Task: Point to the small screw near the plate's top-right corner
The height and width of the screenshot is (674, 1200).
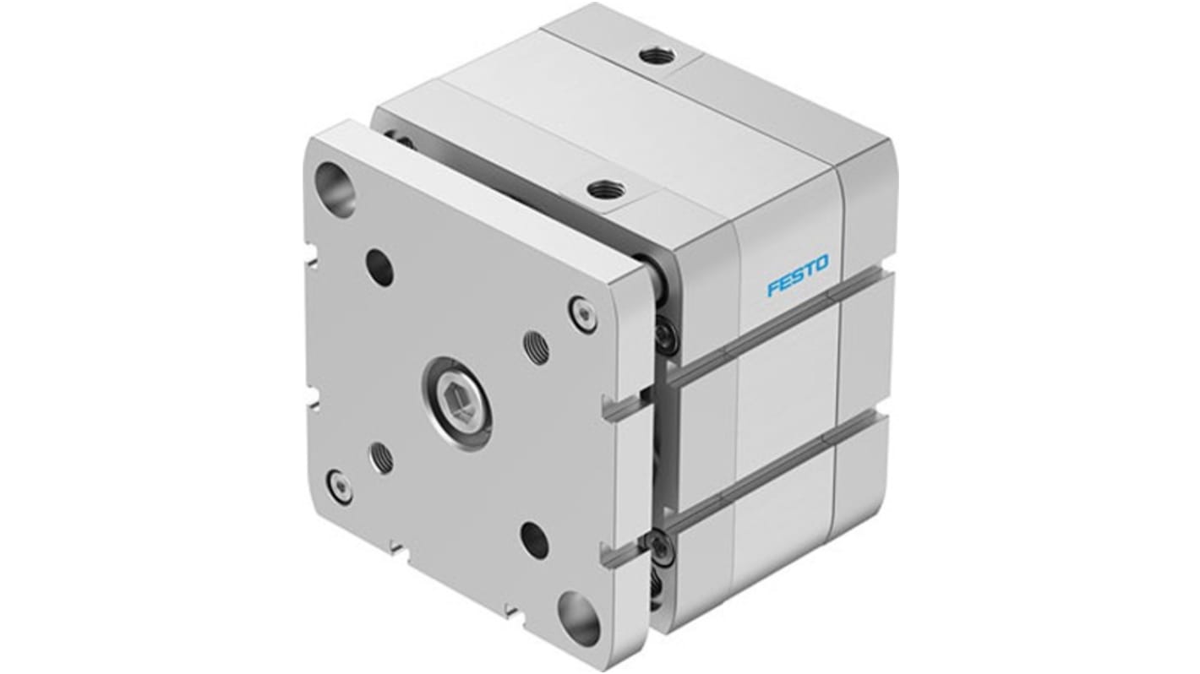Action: point(581,313)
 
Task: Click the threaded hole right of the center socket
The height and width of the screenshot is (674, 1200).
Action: point(536,347)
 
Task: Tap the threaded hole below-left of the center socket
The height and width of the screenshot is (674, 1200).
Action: point(381,457)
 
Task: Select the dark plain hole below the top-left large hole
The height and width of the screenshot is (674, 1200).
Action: point(379,267)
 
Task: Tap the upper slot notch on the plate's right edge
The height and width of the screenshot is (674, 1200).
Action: point(622,408)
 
